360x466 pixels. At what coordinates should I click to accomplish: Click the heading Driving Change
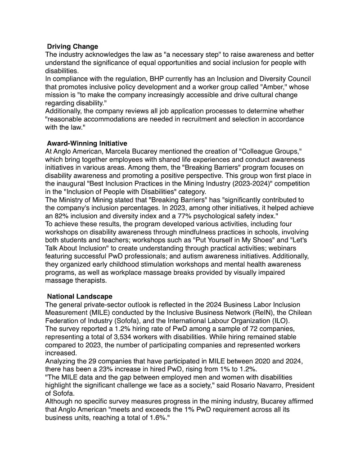72,46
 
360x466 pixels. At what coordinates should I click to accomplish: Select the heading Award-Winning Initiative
87,144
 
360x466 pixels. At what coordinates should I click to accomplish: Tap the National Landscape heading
80,296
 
